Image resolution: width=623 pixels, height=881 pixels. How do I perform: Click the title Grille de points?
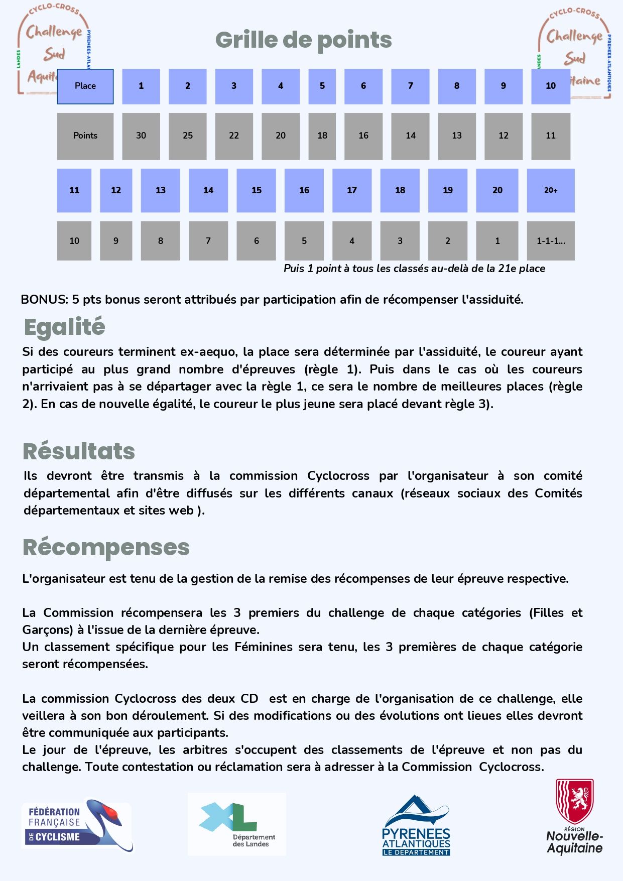pos(303,40)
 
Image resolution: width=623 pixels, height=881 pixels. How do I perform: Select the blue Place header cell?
pos(85,86)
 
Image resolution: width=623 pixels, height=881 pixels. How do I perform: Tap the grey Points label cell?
pos(85,136)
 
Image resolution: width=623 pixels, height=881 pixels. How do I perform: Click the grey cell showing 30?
pos(141,136)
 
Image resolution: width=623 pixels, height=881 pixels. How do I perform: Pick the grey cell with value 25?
pos(187,136)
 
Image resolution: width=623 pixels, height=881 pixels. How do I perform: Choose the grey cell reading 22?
pos(233,136)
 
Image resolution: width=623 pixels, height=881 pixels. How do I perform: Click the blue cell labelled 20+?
pos(550,190)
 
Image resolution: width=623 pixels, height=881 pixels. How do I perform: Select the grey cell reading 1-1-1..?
pos(550,241)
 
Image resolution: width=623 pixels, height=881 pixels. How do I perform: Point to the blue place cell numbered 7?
pos(410,86)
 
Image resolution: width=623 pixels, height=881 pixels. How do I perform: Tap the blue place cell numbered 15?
pos(256,190)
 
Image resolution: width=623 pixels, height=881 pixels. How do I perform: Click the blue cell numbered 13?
pos(160,190)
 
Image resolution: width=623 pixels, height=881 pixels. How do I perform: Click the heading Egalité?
pos(64,327)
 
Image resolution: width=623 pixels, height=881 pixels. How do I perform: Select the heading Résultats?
pos(79,451)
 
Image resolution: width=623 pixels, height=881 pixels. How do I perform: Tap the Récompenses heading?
pos(106,547)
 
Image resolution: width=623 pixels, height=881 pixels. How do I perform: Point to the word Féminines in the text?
pos(264,647)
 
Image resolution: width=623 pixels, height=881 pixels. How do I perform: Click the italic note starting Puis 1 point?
pos(414,269)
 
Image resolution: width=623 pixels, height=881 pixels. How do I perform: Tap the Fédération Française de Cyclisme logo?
pos(77,825)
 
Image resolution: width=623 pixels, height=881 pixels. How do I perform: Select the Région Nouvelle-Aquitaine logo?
pos(575,817)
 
